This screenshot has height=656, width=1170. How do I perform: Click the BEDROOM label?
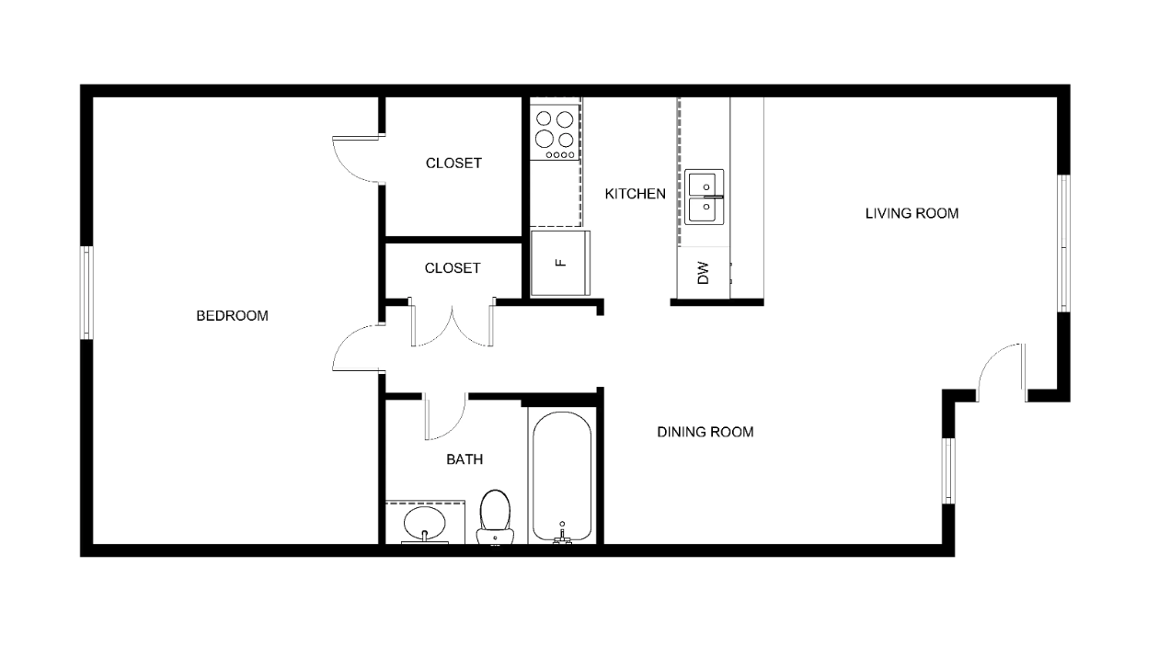pyautogui.click(x=232, y=316)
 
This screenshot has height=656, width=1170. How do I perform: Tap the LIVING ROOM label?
pyautogui.click(x=912, y=213)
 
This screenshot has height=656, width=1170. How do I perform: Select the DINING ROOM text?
pyautogui.click(x=705, y=432)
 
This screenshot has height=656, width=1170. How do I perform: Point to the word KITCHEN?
pyautogui.click(x=636, y=194)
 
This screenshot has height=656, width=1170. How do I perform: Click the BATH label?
pyautogui.click(x=465, y=459)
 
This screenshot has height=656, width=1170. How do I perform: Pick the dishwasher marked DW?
pyautogui.click(x=703, y=273)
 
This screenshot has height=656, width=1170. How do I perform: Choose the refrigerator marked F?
pyautogui.click(x=560, y=263)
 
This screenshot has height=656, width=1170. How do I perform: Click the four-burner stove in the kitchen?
pyautogui.click(x=555, y=132)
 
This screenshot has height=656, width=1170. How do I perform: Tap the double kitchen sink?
pyautogui.click(x=704, y=197)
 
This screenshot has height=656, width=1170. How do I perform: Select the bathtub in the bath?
pyautogui.click(x=561, y=477)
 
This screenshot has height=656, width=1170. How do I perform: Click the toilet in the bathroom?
pyautogui.click(x=495, y=516)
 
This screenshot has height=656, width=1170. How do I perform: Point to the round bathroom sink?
pyautogui.click(x=424, y=523)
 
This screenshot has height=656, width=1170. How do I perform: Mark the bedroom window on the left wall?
pyautogui.click(x=86, y=293)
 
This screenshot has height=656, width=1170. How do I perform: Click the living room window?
pyautogui.click(x=1063, y=243)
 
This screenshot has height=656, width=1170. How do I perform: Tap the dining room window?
pyautogui.click(x=948, y=470)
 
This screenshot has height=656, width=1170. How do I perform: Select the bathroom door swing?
pyautogui.click(x=444, y=416)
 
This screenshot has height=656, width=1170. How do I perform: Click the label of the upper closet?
pyautogui.click(x=453, y=164)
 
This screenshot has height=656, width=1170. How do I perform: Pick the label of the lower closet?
pyautogui.click(x=453, y=268)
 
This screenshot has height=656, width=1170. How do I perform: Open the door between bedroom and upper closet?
pyautogui.click(x=359, y=159)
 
